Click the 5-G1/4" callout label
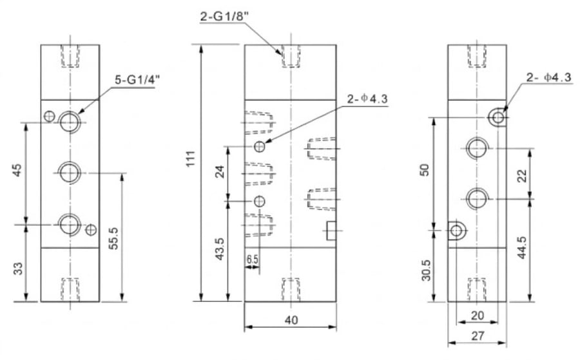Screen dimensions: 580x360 pos(137,81)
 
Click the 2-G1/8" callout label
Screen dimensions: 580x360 pos(224,16)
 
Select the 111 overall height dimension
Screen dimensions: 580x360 pos(191,159)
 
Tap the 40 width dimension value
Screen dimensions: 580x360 pos(291,319)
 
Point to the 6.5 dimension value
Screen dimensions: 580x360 pos(252,259)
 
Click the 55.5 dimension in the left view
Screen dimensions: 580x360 pos(114,238)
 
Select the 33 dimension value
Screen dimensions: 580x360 pos(18,269)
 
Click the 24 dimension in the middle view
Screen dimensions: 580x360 pos(220,172)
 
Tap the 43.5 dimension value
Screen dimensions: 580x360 pos(220,249)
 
